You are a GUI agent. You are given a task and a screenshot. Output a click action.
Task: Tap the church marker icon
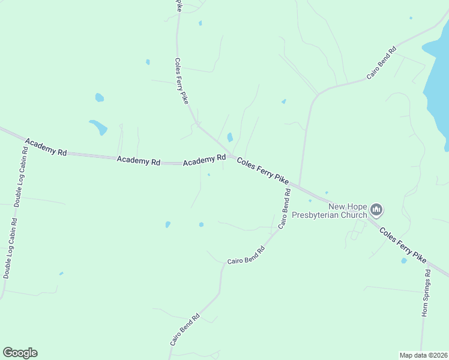(376, 209)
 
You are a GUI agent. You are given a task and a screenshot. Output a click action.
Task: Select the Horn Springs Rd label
(426, 293)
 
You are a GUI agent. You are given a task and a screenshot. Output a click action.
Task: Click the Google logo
(20, 353)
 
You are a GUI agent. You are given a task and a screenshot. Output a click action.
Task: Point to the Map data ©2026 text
(423, 355)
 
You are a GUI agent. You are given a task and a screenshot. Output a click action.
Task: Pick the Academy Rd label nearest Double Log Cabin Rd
(46, 147)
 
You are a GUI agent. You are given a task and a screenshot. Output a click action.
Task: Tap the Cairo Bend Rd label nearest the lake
(382, 62)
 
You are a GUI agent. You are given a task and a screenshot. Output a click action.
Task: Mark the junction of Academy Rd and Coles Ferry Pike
(231, 155)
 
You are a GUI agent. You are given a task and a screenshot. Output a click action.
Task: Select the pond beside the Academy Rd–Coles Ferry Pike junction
(230, 137)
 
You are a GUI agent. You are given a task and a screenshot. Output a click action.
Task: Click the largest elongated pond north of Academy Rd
(98, 127)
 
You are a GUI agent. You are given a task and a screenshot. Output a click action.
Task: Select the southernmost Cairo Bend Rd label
(184, 329)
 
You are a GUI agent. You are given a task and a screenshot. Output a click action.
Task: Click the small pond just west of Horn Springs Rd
(403, 261)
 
